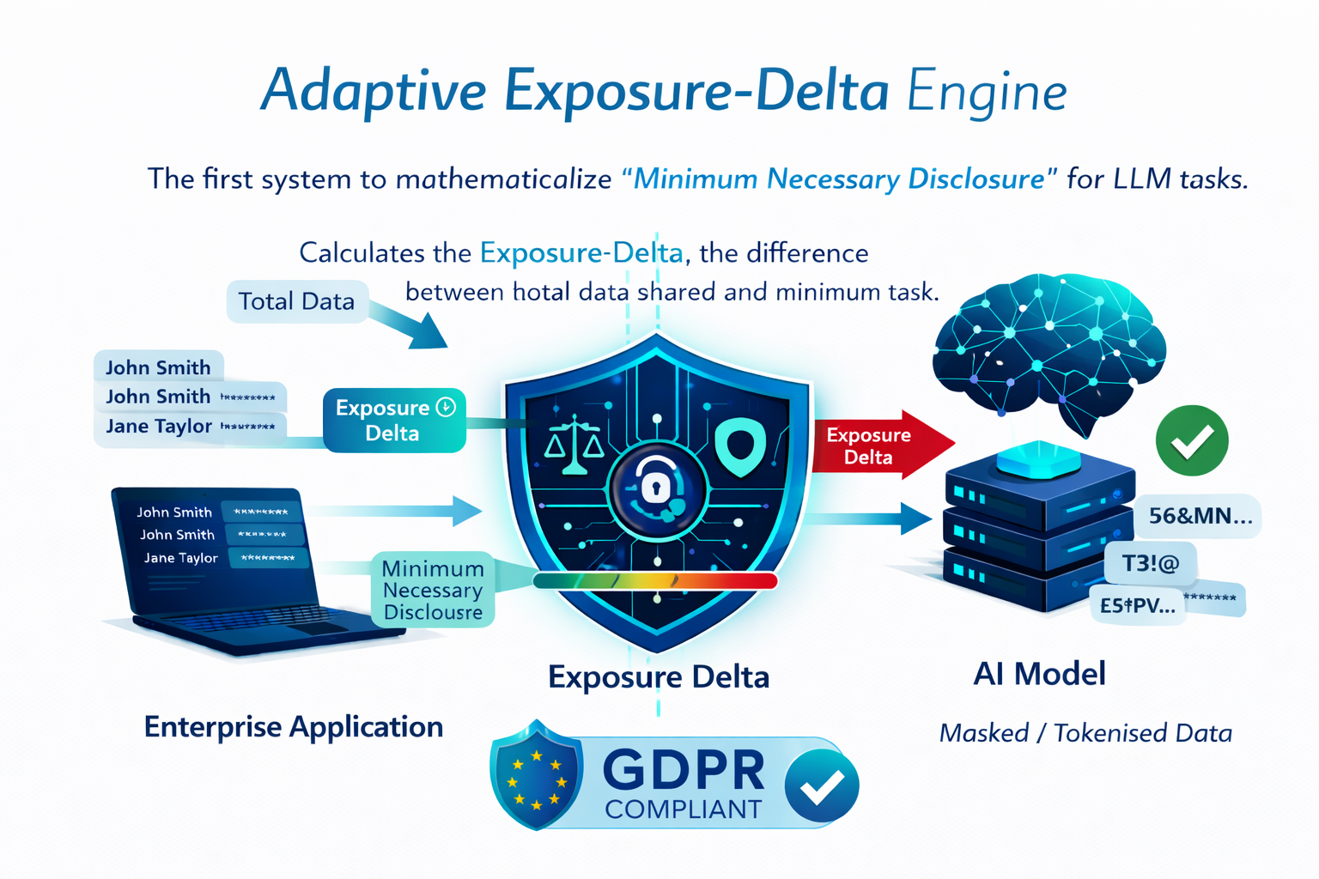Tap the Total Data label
[x=296, y=301]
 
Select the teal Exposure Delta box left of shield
[x=394, y=420]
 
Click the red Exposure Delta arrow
[x=876, y=446]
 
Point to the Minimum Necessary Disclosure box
[x=433, y=590]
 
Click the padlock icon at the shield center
[x=656, y=488]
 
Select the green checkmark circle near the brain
[x=1191, y=441]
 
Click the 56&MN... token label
[x=1200, y=516]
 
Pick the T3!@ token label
[x=1150, y=563]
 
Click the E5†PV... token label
[x=1137, y=605]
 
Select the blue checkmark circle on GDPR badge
[x=821, y=785]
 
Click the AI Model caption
[x=1039, y=674]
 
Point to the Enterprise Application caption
[x=294, y=726]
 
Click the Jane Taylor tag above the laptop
[x=159, y=427]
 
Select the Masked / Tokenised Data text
[x=1085, y=733]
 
